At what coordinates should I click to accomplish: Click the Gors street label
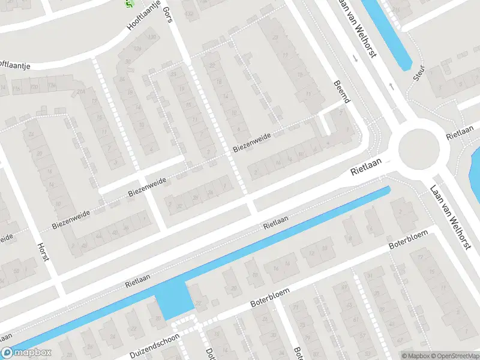pyautogui.click(x=168, y=11)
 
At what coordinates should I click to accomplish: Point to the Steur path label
pyautogui.click(x=419, y=72)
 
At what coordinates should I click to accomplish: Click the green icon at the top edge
pyautogui.click(x=128, y=3)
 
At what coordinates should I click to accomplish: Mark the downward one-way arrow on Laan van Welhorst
pyautogui.click(x=356, y=59)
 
